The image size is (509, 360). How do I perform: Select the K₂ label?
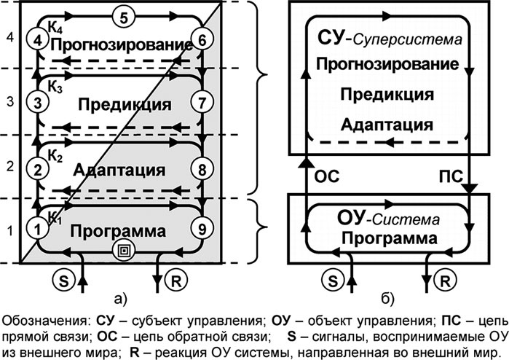55,155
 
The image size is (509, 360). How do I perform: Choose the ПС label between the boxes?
447,176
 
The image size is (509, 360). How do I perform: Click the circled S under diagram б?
331,278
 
